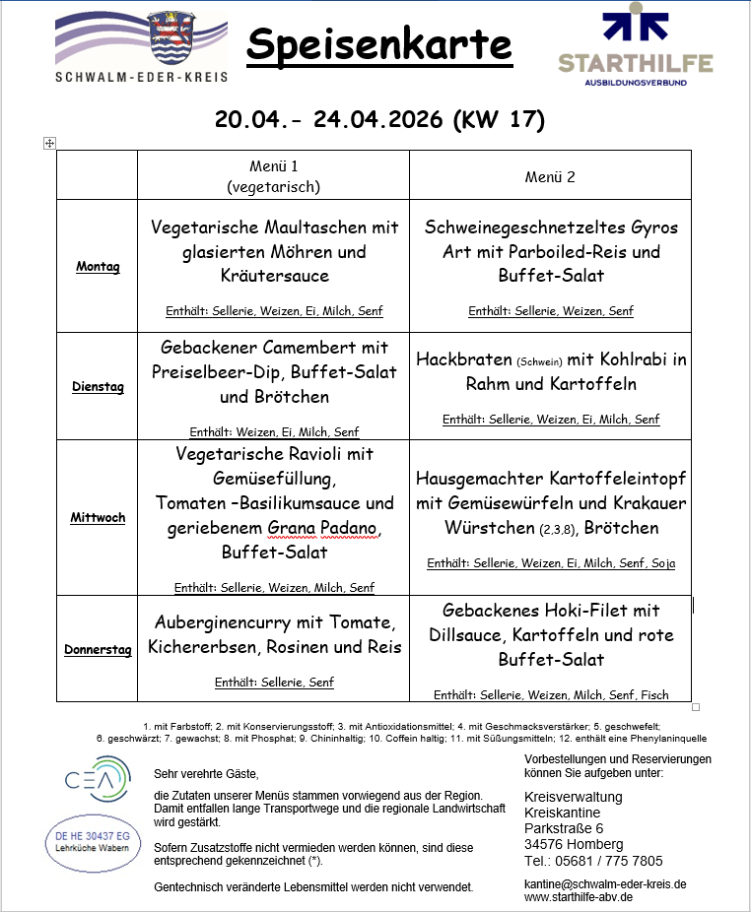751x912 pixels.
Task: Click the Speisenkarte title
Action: pos(379,44)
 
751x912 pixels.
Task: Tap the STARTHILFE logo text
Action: pos(636,64)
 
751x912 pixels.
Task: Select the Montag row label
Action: pos(98,267)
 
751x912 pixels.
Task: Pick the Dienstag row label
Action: pos(98,387)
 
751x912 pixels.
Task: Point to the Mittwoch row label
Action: pos(98,517)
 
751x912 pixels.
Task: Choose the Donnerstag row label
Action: pos(98,649)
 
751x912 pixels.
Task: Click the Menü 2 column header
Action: pos(550,177)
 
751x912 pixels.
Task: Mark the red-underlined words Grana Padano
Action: pos(323,528)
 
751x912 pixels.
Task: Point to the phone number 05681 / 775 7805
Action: pos(607,861)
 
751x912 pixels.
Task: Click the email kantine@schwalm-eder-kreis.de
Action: pos(605,883)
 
